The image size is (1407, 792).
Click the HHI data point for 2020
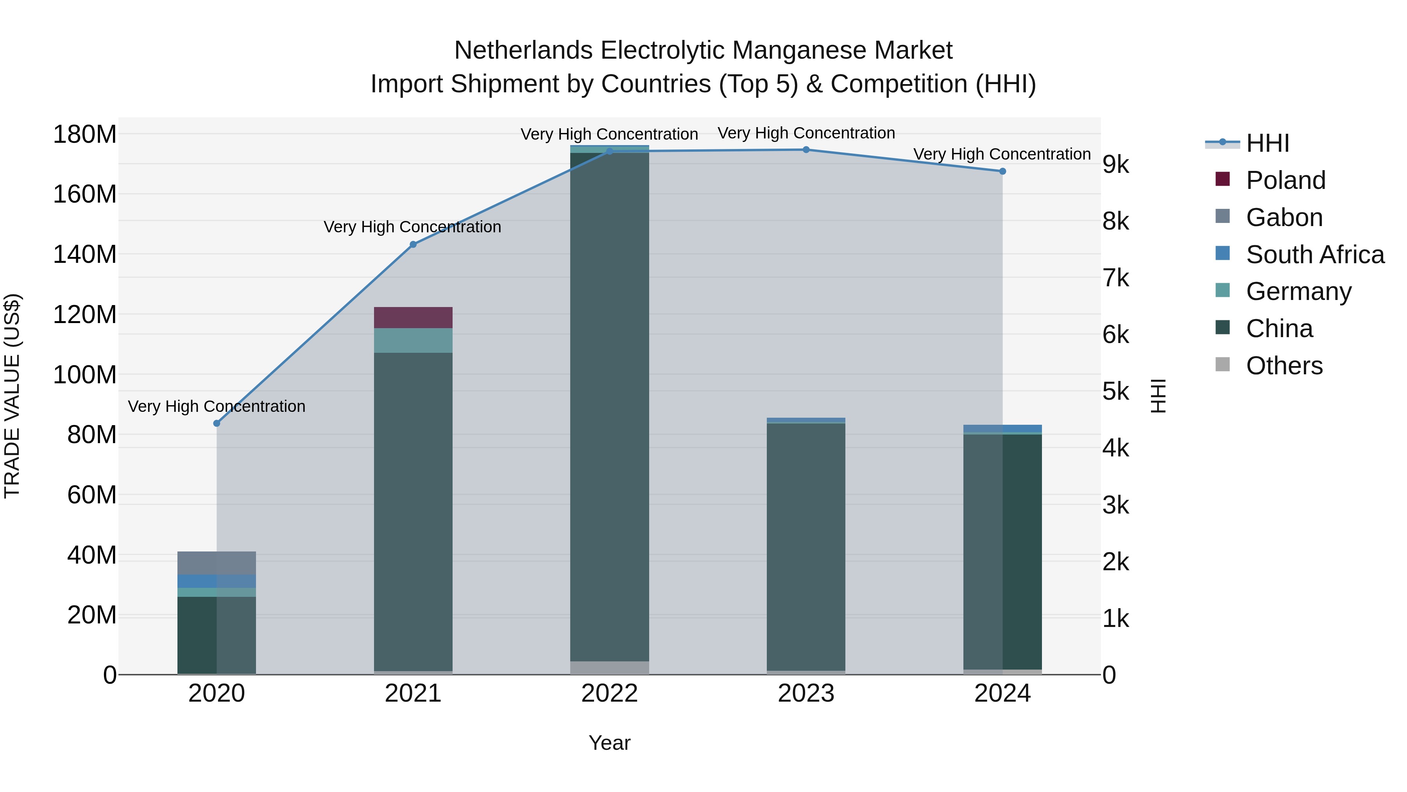[217, 423]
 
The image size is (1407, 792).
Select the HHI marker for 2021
[413, 244]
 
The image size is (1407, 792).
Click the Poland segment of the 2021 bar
[413, 318]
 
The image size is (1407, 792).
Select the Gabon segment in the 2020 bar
[217, 562]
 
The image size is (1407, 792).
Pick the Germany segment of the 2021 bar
[413, 341]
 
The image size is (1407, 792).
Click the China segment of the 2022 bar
[610, 404]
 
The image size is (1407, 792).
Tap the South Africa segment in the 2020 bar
[217, 581]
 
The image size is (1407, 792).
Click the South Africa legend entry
[1315, 255]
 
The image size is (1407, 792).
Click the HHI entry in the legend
[1267, 143]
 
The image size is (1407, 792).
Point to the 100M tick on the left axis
[85, 375]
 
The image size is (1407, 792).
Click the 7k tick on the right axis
[1115, 278]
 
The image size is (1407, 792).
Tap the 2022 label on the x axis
[610, 693]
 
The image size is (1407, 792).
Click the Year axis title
[610, 743]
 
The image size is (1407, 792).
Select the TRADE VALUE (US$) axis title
[12, 396]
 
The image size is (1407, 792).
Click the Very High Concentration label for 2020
[217, 406]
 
